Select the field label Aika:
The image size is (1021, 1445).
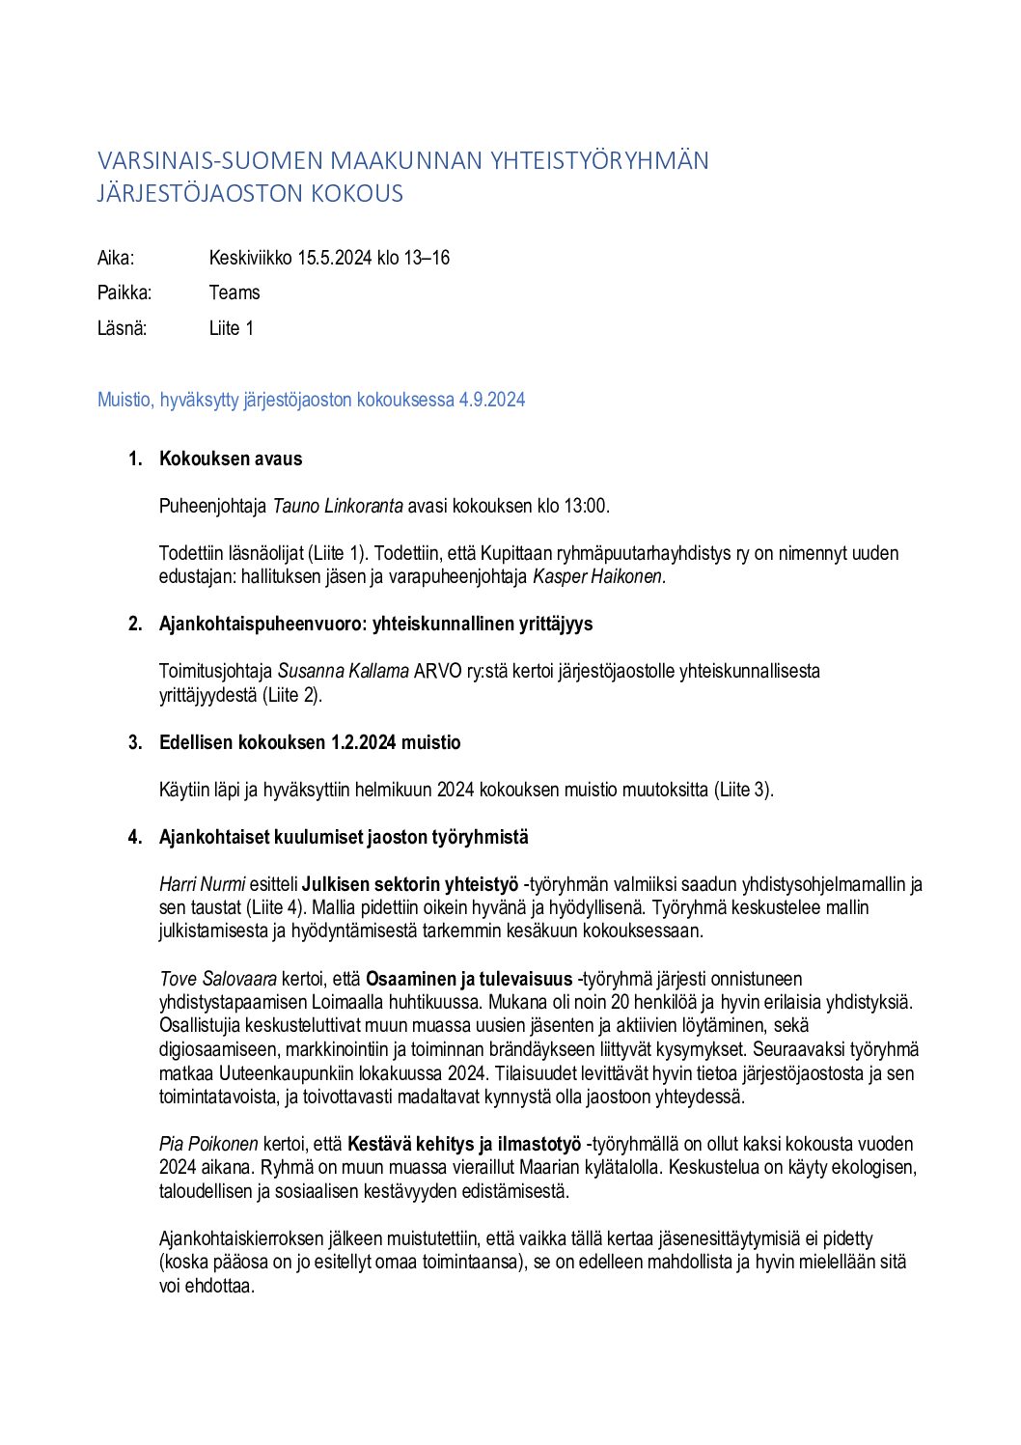click(116, 258)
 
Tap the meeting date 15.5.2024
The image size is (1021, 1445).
click(334, 258)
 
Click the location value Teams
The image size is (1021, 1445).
click(235, 292)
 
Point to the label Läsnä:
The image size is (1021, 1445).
click(122, 328)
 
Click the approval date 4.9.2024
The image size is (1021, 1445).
click(492, 400)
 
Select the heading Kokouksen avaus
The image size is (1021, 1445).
click(231, 459)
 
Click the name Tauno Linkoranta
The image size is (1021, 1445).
click(338, 506)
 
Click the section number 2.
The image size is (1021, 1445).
click(135, 624)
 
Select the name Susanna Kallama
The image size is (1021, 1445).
click(344, 671)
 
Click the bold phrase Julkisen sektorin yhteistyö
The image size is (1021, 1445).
click(410, 884)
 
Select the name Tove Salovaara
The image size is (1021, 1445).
click(218, 979)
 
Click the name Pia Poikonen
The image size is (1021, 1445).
click(208, 1144)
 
